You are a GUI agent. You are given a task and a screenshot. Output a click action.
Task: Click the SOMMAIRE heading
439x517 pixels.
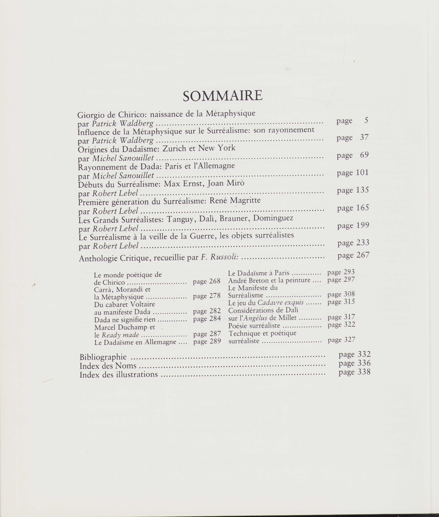tap(223, 96)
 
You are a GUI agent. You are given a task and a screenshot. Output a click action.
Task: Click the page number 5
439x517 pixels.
tap(366, 120)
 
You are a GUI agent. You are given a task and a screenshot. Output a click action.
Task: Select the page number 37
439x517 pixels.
tap(364, 137)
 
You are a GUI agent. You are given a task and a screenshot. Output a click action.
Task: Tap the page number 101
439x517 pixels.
tap(362, 172)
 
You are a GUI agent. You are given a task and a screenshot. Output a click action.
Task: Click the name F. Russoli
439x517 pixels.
tap(220, 257)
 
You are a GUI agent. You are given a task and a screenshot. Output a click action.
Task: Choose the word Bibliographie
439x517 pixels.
tap(103, 357)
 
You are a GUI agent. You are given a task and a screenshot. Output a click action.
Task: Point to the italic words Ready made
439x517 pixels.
tap(120, 335)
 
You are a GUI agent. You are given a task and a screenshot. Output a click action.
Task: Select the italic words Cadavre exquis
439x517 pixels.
tap(281, 302)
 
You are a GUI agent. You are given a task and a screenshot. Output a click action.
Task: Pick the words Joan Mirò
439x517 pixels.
tap(225, 183)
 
